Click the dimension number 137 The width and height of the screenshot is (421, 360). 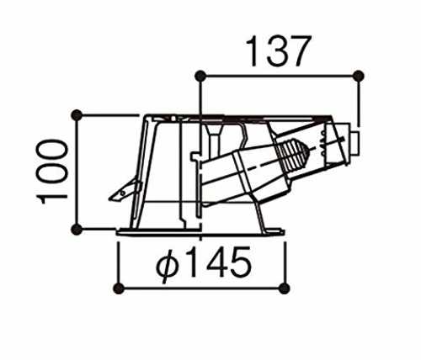point(279,51)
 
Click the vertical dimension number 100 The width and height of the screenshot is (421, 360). point(52,172)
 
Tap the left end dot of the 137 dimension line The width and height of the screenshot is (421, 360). point(200,76)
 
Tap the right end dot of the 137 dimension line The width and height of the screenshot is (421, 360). point(358,76)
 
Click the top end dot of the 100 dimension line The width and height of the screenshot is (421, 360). point(77,115)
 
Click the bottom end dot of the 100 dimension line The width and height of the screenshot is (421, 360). point(77,230)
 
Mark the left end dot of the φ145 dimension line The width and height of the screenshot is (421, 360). point(119,289)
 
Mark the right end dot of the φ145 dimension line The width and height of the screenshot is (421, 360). point(285,289)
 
